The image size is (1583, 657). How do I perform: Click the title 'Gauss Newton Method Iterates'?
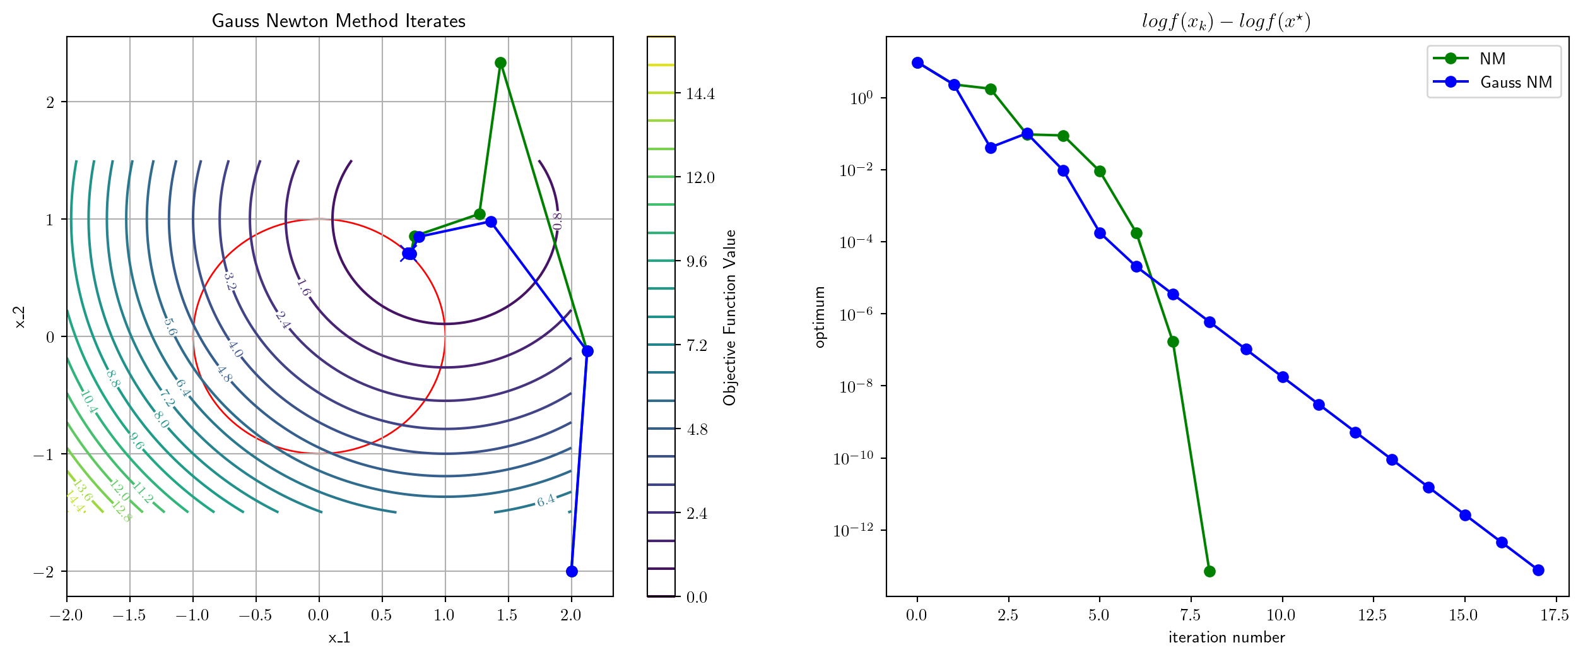pos(338,21)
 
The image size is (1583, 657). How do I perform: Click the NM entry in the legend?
pos(1492,59)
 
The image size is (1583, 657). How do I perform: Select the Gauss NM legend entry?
pos(1515,82)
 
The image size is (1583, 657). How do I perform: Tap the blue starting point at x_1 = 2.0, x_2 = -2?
pos(572,571)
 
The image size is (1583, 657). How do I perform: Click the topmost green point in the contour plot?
pos(500,62)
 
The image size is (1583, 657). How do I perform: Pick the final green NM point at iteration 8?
pos(1209,571)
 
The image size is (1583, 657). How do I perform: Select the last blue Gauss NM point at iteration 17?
pos(1538,570)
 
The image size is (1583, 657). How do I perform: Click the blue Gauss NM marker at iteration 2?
pos(991,148)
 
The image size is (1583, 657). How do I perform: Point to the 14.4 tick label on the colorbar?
pos(700,94)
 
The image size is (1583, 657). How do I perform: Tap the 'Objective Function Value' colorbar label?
pos(730,317)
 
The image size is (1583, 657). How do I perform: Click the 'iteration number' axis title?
pos(1226,637)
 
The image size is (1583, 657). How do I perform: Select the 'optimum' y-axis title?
pos(820,317)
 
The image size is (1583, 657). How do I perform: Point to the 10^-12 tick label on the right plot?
pos(856,530)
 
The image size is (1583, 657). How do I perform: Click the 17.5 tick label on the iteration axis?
pos(1553,615)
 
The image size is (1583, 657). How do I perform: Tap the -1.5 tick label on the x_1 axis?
pos(129,615)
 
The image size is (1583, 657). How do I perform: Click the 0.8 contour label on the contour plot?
pos(557,220)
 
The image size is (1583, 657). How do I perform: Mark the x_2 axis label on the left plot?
pos(20,317)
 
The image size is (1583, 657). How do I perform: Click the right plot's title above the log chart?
pos(1226,21)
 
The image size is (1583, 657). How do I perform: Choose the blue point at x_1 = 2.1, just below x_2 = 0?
pos(587,351)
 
